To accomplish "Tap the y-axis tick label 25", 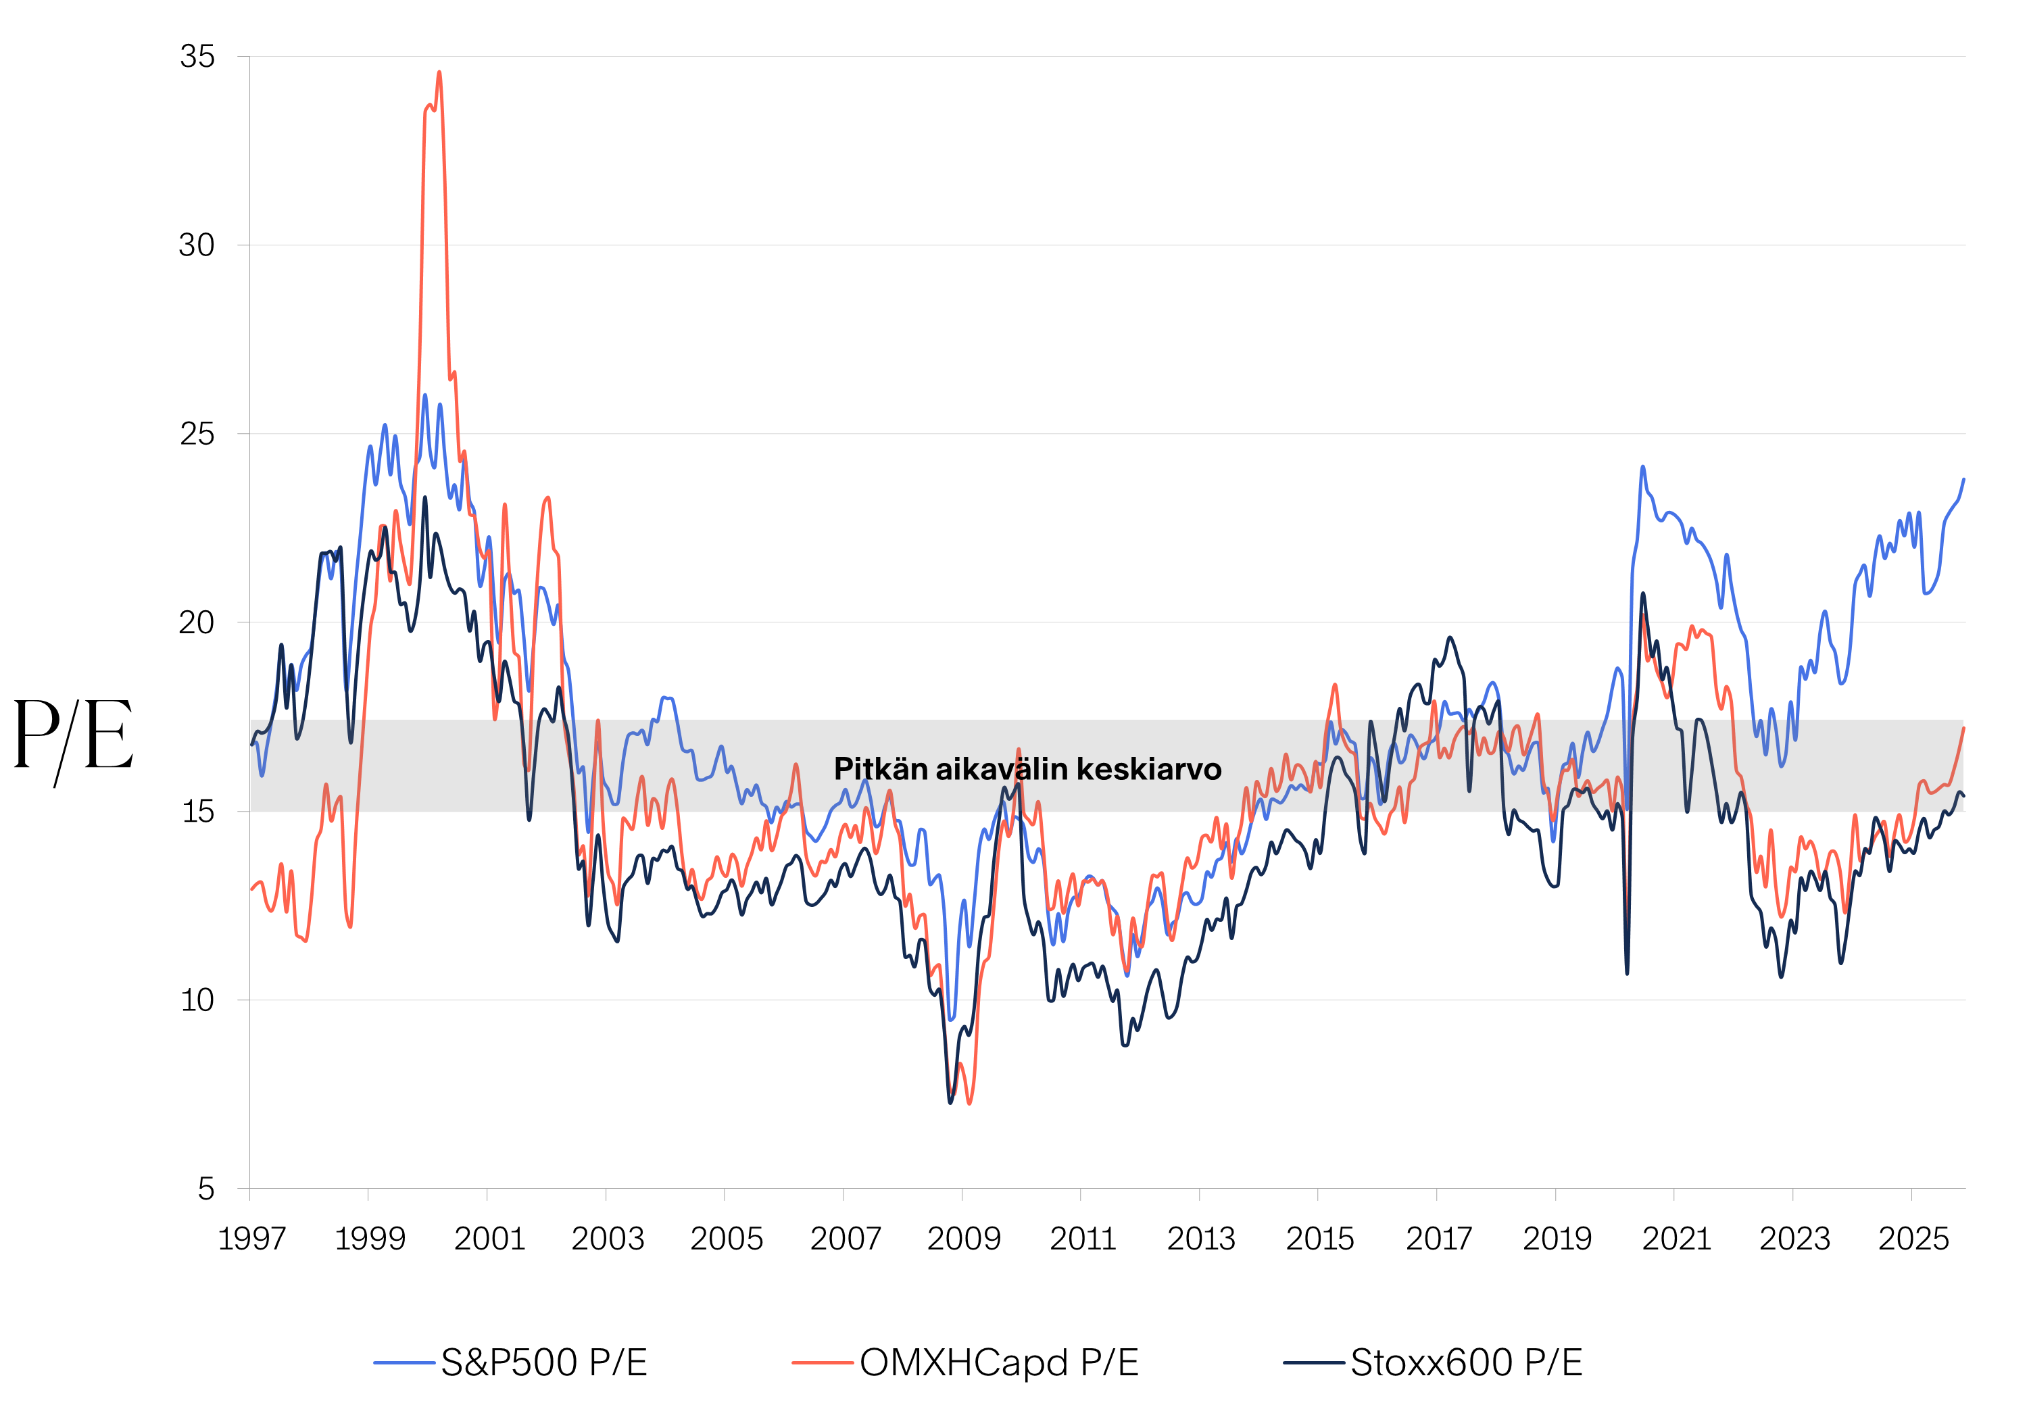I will (x=197, y=434).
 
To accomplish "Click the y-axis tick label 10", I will (x=197, y=1000).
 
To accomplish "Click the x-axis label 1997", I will (x=251, y=1239).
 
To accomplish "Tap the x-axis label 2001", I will (x=489, y=1239).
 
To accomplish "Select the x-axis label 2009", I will (x=964, y=1239).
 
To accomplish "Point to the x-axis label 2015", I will (x=1319, y=1239).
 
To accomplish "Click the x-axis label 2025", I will (x=1913, y=1239).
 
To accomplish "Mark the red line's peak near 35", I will (x=439, y=73).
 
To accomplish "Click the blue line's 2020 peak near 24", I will (x=1642, y=468).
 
